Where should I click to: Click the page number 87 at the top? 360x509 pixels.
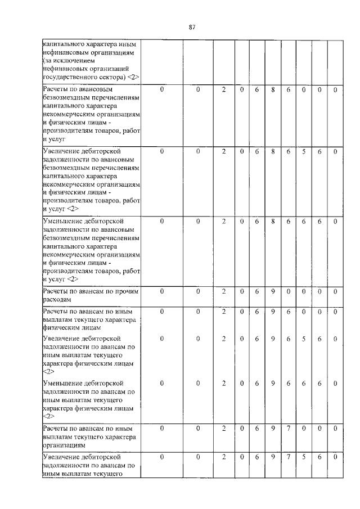[191, 27]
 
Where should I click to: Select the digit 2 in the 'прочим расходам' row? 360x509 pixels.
[223, 291]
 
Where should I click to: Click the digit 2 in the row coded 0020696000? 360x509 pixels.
[223, 310]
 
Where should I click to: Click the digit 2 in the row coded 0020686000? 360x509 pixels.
[223, 89]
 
